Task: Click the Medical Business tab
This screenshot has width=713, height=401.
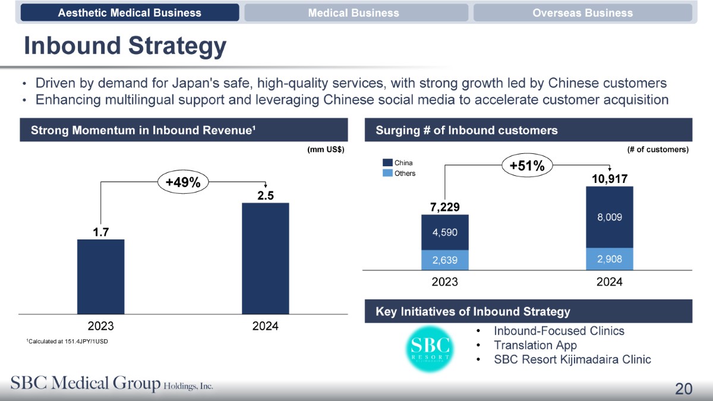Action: point(354,12)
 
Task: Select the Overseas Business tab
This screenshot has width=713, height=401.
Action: point(582,12)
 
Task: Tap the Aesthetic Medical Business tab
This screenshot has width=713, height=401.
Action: point(130,12)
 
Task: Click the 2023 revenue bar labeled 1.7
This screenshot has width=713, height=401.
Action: point(100,276)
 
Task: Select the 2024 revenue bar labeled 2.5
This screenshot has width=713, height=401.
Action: point(265,258)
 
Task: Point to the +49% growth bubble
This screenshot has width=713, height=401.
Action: point(182,183)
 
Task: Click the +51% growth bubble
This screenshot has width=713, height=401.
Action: point(527,166)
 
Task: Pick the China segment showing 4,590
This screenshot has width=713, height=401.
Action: point(444,232)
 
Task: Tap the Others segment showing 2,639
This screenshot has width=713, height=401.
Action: point(444,259)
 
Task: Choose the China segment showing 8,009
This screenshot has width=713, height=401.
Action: point(610,217)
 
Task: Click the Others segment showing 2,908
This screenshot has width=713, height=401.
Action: point(610,258)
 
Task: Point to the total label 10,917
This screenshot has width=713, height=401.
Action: point(610,178)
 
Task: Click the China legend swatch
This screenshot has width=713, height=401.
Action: point(387,163)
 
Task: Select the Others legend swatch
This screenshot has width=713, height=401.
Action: point(387,173)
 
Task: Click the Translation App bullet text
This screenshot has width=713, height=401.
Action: point(535,345)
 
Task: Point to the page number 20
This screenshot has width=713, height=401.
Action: point(683,389)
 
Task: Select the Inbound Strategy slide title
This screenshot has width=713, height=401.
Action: point(125,46)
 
